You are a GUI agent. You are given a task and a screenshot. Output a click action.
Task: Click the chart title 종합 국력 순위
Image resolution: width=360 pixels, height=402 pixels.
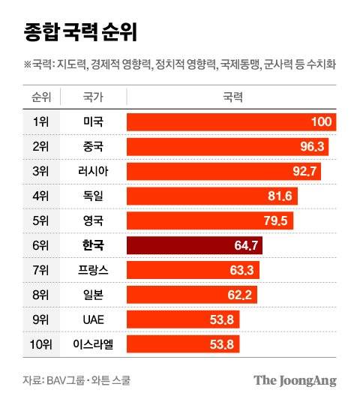[73, 33]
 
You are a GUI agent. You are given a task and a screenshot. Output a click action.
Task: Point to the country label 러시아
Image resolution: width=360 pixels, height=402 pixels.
[93, 172]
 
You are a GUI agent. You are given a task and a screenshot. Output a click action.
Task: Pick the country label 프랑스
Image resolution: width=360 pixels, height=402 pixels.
[93, 270]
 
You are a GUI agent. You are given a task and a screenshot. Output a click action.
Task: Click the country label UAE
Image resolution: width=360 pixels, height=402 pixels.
[93, 319]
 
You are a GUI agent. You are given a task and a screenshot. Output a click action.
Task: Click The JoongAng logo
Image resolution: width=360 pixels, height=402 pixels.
[295, 380]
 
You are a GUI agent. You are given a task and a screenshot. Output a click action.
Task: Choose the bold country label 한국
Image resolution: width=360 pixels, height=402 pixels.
[93, 245]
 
